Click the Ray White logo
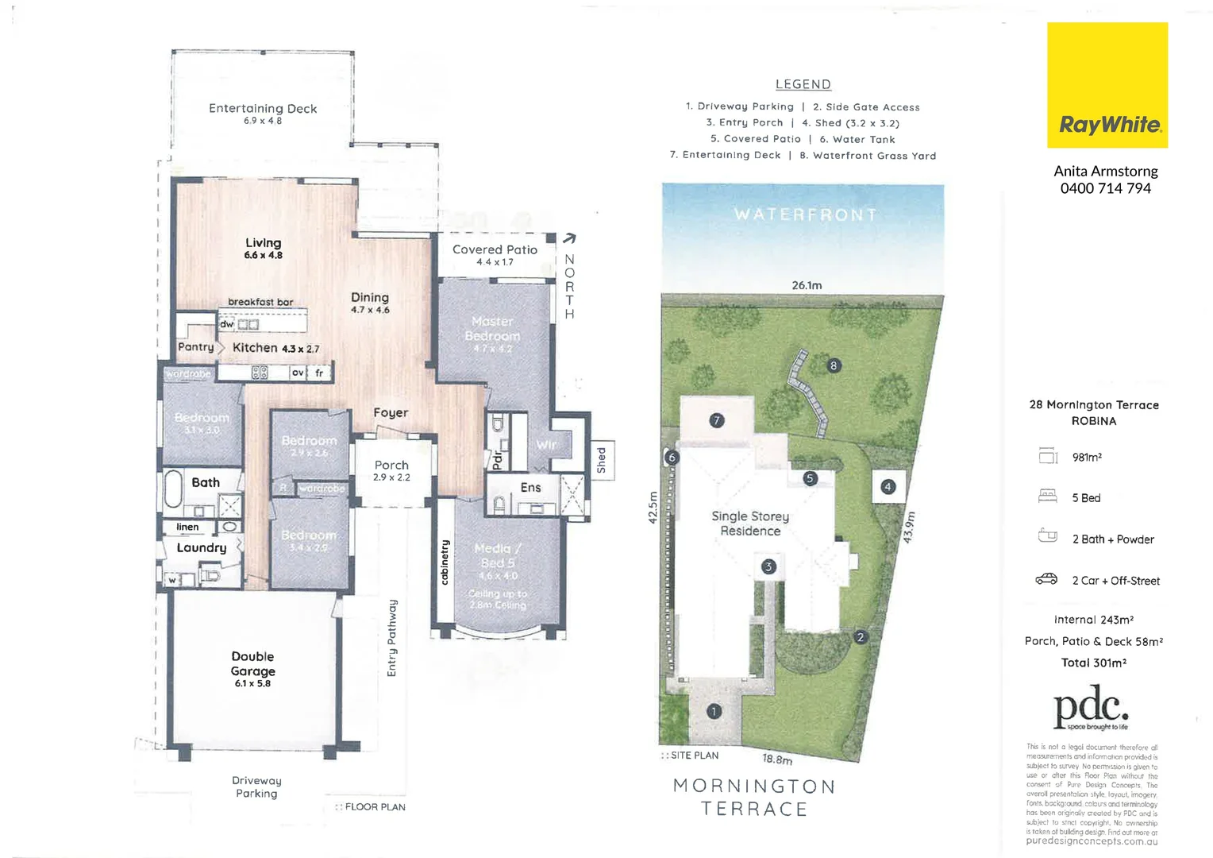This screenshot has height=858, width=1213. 1107,85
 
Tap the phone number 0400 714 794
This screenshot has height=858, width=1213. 1105,188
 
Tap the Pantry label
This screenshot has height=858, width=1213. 196,347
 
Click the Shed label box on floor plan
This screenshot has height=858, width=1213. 601,460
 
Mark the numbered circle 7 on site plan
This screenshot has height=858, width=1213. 717,420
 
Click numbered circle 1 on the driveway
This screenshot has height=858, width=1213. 714,711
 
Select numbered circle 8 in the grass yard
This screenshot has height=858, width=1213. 834,365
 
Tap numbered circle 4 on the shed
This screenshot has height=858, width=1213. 888,486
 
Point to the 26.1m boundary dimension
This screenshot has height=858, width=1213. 807,285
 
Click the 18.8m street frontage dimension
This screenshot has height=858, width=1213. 777,759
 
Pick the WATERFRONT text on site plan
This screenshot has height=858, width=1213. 805,214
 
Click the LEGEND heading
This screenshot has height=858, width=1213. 803,84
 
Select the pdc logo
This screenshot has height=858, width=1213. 1091,709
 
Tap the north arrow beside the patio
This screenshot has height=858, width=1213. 569,238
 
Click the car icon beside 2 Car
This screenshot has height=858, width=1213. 1046,579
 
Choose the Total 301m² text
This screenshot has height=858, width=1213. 1093,663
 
